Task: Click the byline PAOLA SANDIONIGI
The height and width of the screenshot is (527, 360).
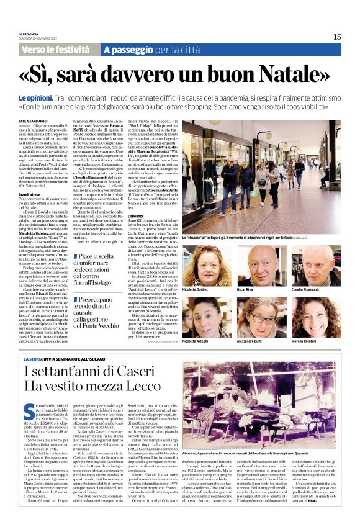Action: tap(32, 122)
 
